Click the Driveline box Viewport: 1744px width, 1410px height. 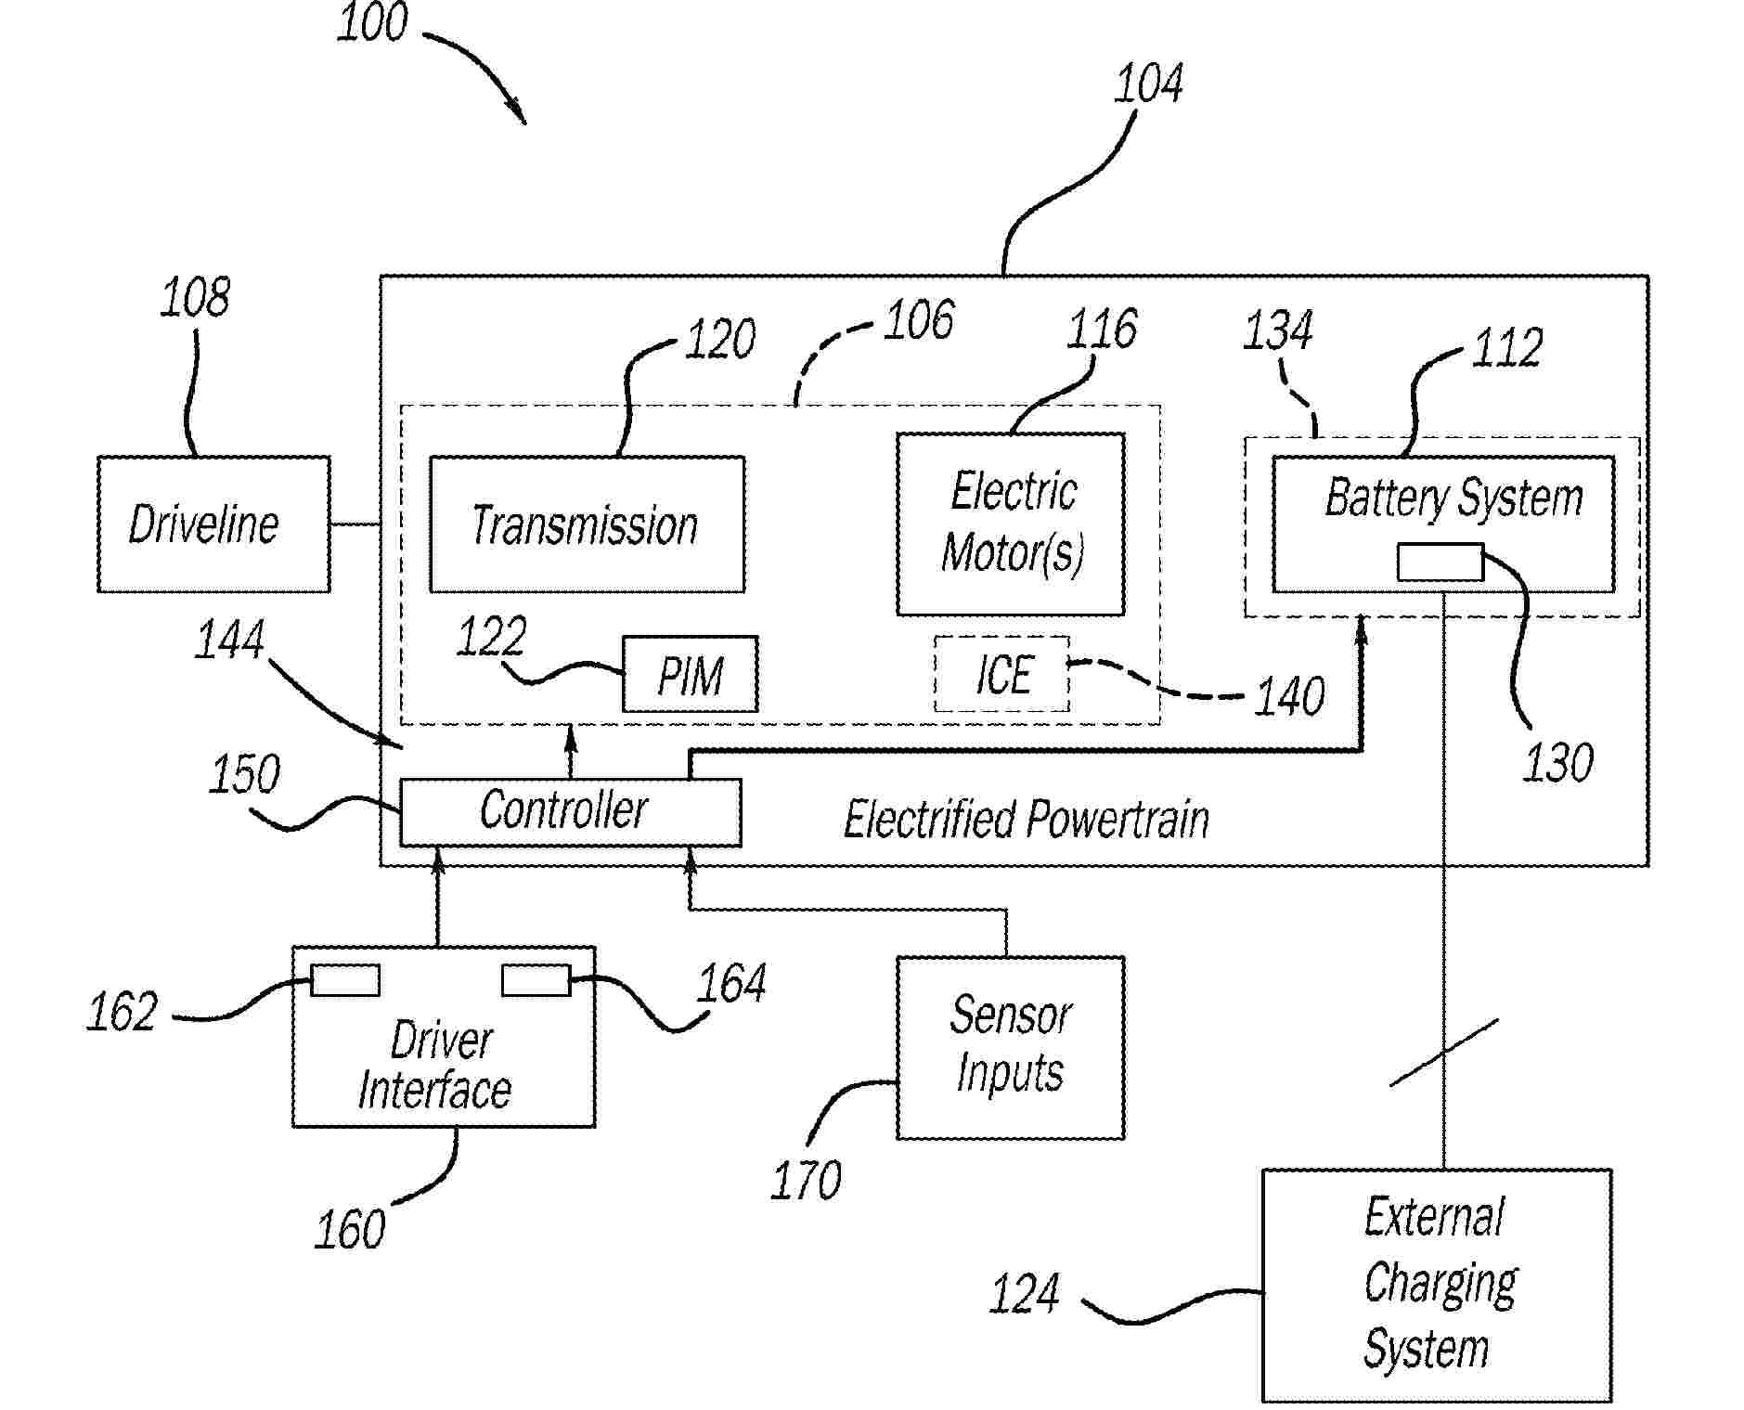[213, 524]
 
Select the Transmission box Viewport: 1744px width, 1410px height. [587, 524]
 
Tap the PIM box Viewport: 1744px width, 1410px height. [690, 674]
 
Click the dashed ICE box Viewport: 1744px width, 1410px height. [1001, 674]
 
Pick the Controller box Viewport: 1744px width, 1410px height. [570, 811]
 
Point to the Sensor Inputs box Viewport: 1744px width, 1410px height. [1010, 1047]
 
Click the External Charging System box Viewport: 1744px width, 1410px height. [1436, 1285]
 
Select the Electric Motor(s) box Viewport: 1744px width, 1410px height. [1011, 524]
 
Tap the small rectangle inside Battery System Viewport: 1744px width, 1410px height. [1440, 563]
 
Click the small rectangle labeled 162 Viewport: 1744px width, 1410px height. [344, 980]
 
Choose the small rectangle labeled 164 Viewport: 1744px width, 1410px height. [536, 980]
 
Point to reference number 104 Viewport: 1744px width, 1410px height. [1148, 84]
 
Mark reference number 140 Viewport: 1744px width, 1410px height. [1289, 696]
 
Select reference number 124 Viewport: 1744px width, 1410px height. [1024, 1293]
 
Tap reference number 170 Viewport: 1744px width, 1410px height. [806, 1180]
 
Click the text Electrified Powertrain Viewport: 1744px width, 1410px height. [1026, 820]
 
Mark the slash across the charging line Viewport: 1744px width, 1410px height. [1443, 1052]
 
